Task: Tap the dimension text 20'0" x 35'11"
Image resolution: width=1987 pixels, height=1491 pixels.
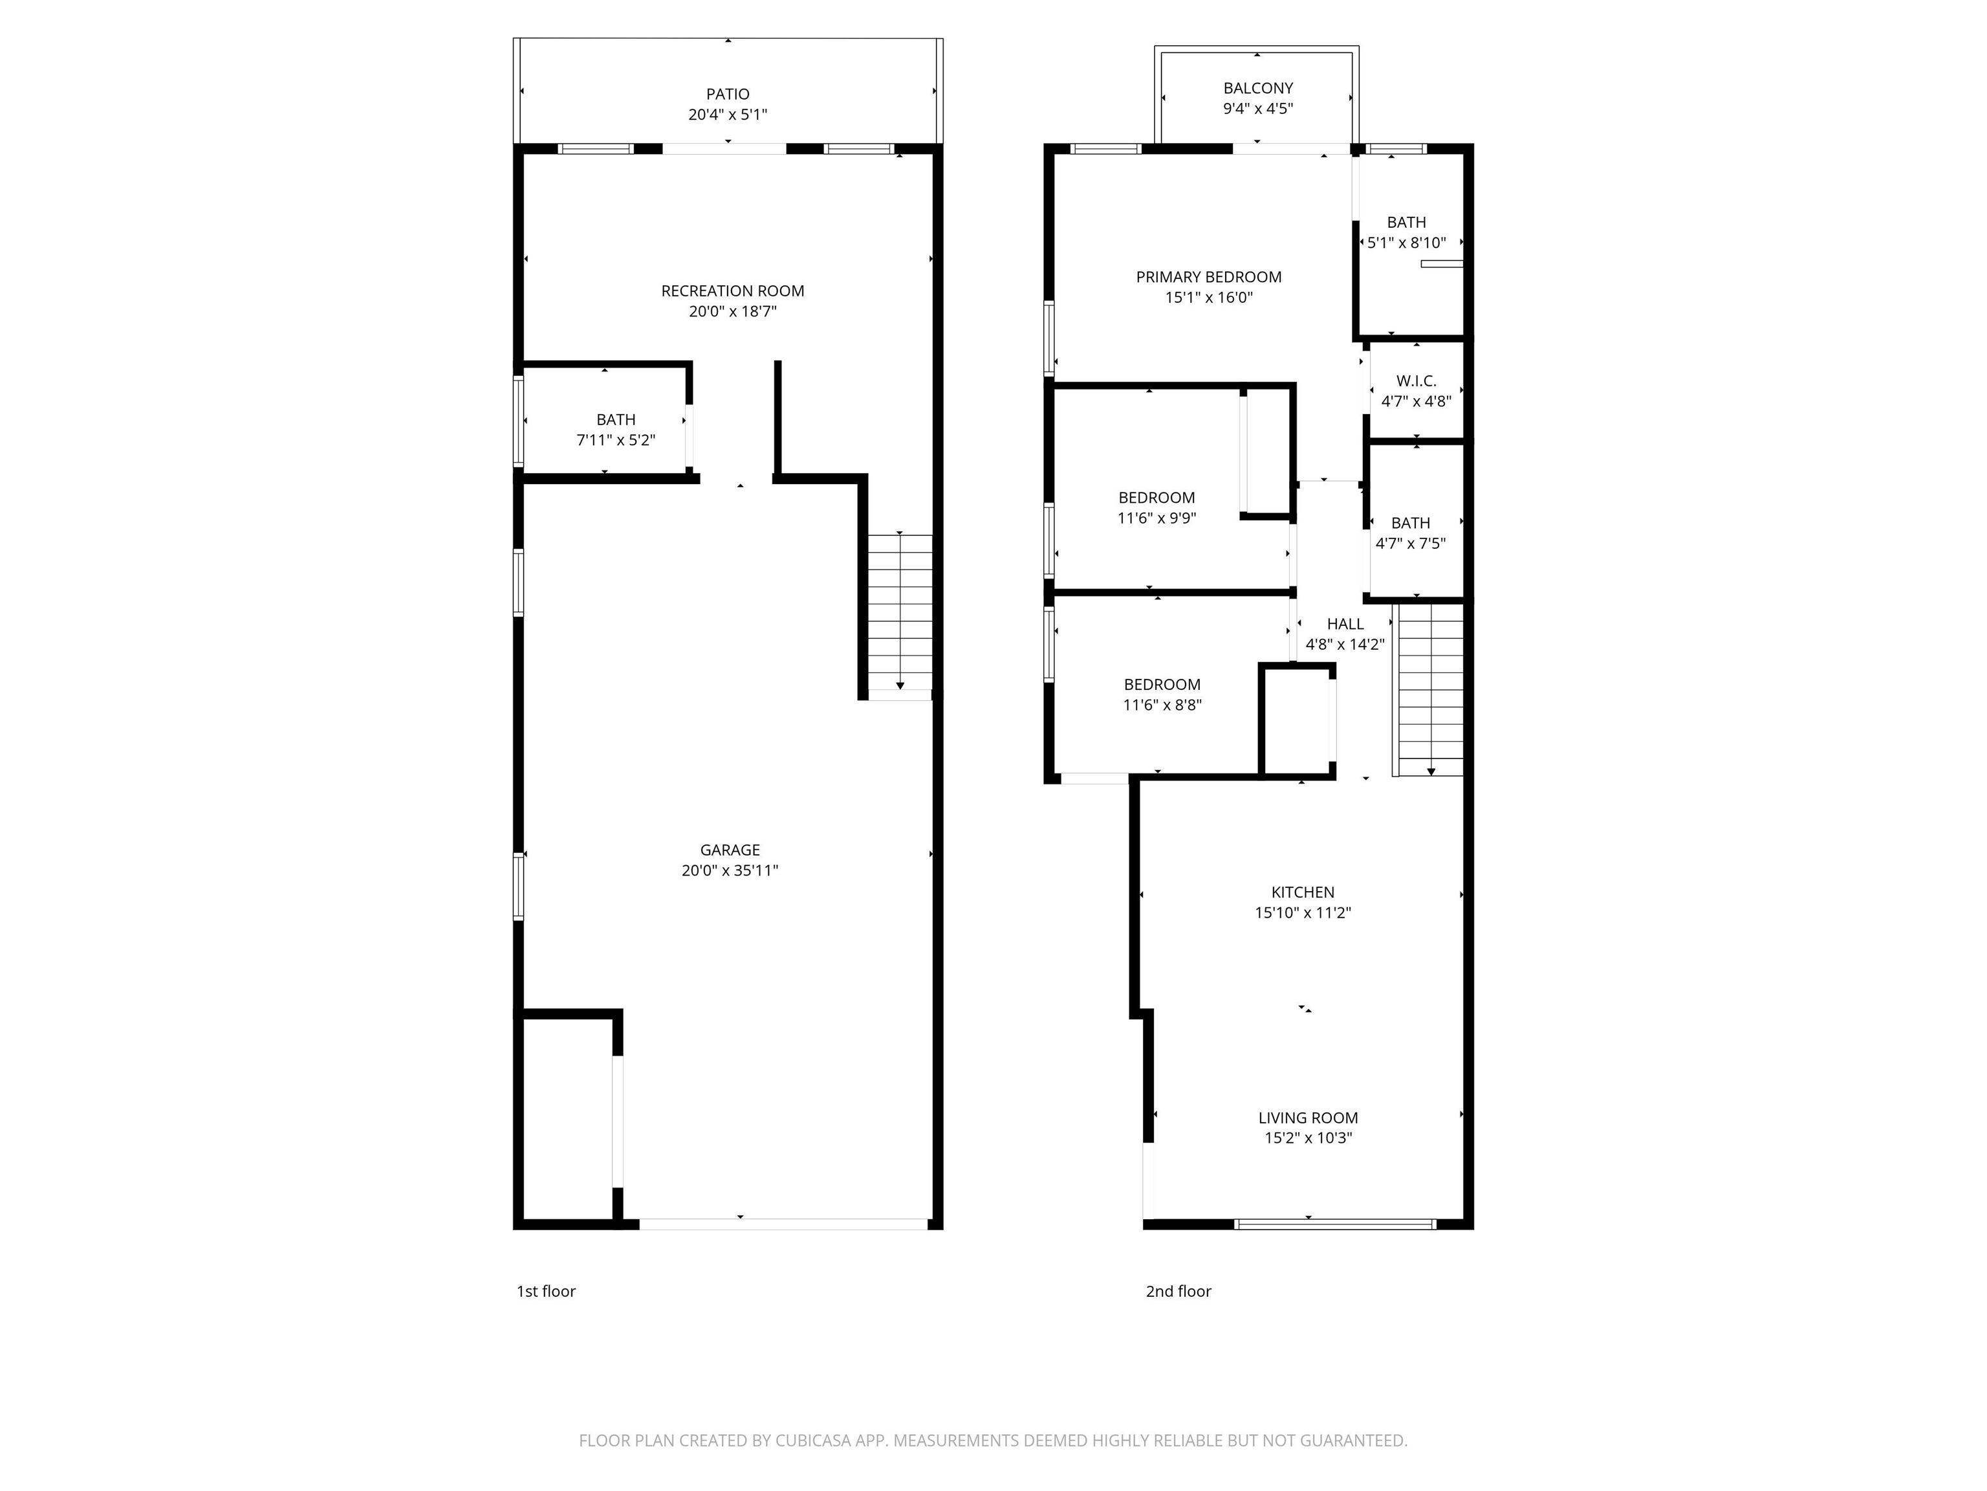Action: (x=730, y=870)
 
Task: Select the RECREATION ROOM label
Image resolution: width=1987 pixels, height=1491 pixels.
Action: (x=732, y=291)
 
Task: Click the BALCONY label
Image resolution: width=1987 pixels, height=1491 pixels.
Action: (x=1257, y=88)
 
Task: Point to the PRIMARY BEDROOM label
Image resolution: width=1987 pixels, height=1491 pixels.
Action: (x=1208, y=277)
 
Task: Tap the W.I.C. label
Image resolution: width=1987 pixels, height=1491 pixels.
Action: (x=1416, y=381)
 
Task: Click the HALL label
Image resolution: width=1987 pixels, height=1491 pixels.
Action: (x=1345, y=624)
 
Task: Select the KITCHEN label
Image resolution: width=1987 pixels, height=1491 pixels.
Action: (x=1303, y=892)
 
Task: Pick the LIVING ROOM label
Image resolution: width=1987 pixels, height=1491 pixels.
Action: (x=1308, y=1118)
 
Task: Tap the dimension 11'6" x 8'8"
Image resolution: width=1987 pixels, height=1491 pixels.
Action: (x=1162, y=705)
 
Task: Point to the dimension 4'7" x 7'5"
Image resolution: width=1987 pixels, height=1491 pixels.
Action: (x=1410, y=543)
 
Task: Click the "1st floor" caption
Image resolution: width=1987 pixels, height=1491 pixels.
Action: (x=545, y=1292)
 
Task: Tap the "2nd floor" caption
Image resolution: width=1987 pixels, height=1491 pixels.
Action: (x=1178, y=1292)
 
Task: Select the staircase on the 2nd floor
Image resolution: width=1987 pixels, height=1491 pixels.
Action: (x=1430, y=690)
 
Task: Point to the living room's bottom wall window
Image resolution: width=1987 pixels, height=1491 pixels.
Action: (x=1335, y=1224)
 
